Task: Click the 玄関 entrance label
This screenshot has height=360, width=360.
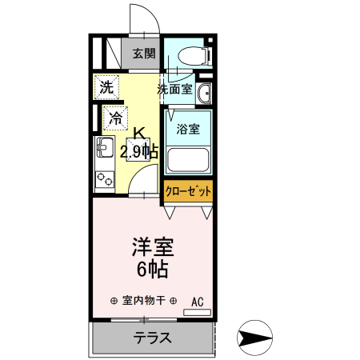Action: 145,54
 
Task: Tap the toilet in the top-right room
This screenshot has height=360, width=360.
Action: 193,55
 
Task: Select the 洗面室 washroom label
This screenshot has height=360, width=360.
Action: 174,89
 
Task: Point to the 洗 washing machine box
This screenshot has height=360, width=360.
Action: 106,87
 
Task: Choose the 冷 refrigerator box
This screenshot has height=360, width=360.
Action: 115,118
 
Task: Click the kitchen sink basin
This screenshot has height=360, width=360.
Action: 104,147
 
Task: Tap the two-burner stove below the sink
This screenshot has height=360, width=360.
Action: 104,178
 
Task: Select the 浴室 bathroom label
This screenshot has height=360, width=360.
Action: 188,128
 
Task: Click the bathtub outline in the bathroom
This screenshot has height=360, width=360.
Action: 189,161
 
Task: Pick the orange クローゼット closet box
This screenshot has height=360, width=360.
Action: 189,192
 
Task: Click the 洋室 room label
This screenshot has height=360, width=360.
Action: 153,246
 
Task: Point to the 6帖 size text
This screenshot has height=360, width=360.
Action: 151,269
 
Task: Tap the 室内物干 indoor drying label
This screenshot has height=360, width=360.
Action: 144,301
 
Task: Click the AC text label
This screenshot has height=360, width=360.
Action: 198,302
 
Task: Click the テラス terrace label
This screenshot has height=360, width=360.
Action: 152,338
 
